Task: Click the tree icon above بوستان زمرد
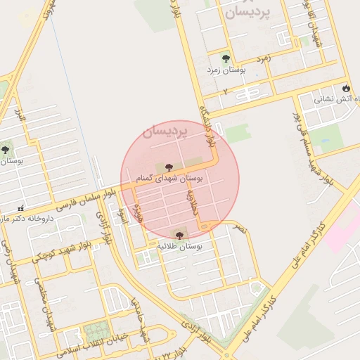[x=226, y=59]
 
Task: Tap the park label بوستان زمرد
[x=225, y=70]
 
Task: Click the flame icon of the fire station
[x=346, y=88]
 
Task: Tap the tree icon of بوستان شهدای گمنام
[x=169, y=167]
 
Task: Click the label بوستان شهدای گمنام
[x=169, y=179]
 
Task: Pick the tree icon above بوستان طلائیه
[x=179, y=236]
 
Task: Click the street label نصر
[x=240, y=229]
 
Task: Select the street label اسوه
[x=122, y=214]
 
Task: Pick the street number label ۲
[x=225, y=92]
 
